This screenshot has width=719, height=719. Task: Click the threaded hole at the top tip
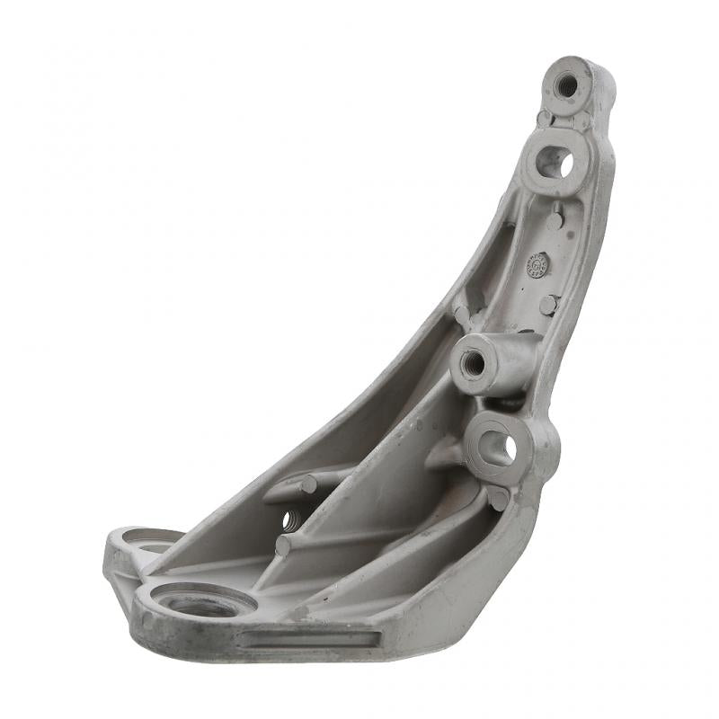[x=567, y=86]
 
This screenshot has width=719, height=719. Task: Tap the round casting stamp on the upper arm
[x=537, y=265]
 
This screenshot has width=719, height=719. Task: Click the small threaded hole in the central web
[x=289, y=519]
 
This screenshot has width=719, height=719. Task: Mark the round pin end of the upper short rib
[x=308, y=485]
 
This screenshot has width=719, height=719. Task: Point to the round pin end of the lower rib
[x=282, y=546]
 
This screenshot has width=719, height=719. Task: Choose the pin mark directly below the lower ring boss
[x=498, y=497]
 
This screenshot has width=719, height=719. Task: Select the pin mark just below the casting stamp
[x=547, y=305]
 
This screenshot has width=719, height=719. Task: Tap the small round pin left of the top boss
[x=544, y=118]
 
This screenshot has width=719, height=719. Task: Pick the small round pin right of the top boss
[x=581, y=120]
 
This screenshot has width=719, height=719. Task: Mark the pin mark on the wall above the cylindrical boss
[x=462, y=315]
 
